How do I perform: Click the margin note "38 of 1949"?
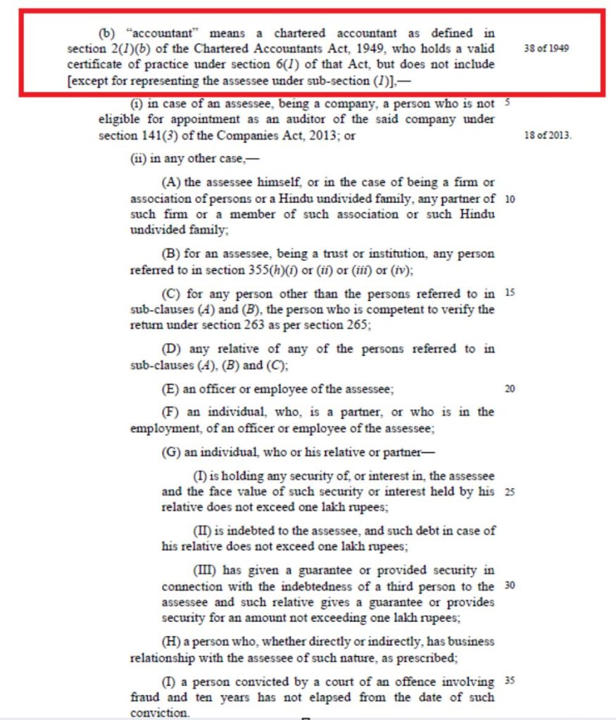[546, 49]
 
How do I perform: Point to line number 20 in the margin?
[510, 389]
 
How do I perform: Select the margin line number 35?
[510, 681]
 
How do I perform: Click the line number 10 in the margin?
[510, 199]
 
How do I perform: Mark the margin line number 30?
[510, 585]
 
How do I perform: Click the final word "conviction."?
[160, 712]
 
